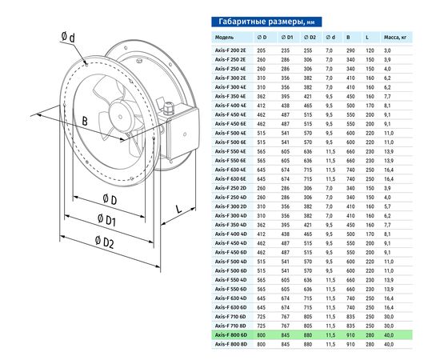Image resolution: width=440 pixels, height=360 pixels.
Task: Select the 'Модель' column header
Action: pyautogui.click(x=224, y=38)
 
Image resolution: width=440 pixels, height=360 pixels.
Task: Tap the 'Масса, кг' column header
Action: pyautogui.click(x=394, y=38)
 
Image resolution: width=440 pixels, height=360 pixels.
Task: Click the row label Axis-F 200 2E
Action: pyautogui.click(x=230, y=50)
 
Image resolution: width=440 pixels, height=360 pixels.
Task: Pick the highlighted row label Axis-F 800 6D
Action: pyautogui.click(x=231, y=335)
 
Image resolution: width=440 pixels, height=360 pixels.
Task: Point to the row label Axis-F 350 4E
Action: pyautogui.click(x=230, y=96)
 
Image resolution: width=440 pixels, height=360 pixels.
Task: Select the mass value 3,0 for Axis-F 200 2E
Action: pyautogui.click(x=387, y=50)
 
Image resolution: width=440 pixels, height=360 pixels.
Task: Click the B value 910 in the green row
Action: pyautogui.click(x=350, y=335)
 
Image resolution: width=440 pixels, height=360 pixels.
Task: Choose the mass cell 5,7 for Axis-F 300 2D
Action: pyautogui.click(x=387, y=206)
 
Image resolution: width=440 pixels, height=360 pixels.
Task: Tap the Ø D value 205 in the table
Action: pyautogui.click(x=261, y=50)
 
